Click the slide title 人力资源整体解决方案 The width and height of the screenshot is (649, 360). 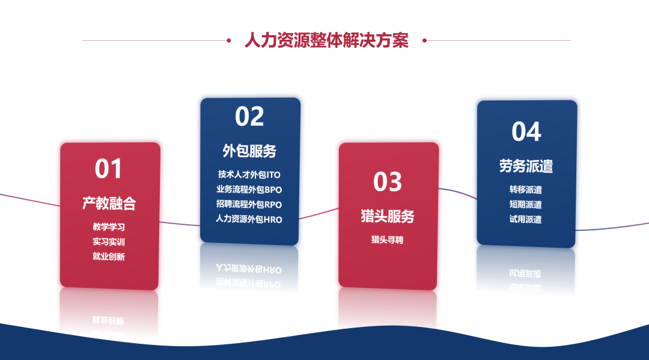[x=326, y=40]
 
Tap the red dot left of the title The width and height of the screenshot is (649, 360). [x=228, y=40]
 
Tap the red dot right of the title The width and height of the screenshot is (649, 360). [x=424, y=40]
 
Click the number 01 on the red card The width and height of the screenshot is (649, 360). [x=108, y=169]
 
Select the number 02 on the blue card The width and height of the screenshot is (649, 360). [x=249, y=116]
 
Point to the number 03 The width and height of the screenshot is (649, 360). [x=388, y=182]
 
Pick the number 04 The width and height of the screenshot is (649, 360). [x=526, y=132]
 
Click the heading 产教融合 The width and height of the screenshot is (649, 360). [x=109, y=203]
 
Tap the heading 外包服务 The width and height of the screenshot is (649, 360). [x=249, y=151]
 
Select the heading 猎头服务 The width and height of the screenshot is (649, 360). [x=388, y=216]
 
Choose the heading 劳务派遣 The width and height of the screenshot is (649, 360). [x=526, y=166]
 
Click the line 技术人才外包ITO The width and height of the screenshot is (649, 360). [x=249, y=175]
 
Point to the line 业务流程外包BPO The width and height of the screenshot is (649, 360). [x=249, y=189]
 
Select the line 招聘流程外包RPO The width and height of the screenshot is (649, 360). [x=249, y=204]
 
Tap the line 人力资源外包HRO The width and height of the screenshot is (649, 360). [x=249, y=219]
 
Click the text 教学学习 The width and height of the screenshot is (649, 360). [x=109, y=227]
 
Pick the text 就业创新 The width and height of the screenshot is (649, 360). [x=109, y=257]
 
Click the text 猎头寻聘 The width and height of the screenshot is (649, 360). [x=388, y=240]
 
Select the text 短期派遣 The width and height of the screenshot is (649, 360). [x=526, y=204]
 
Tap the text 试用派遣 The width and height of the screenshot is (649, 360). [x=526, y=219]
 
